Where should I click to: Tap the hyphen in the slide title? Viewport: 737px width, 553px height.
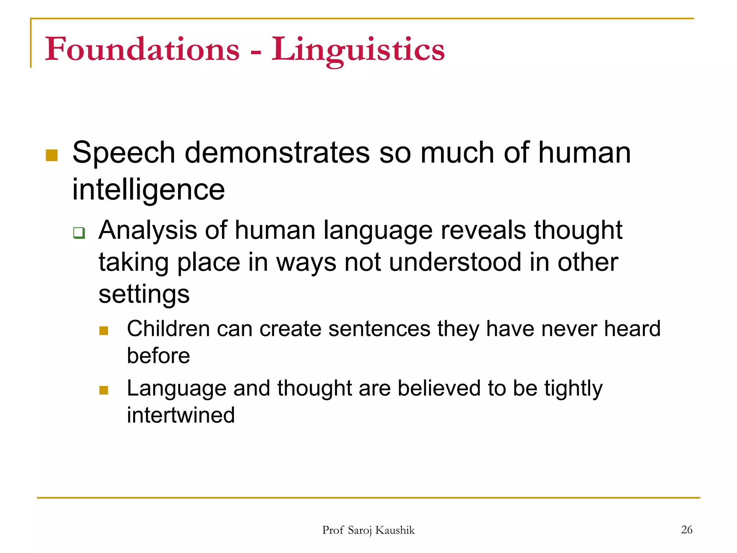(256, 53)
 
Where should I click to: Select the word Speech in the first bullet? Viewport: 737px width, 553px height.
(123, 153)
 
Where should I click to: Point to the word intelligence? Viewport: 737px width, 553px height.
(148, 190)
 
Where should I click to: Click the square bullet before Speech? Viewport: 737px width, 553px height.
(52, 155)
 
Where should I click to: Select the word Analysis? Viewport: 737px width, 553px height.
(148, 230)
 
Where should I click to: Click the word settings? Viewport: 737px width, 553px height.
(144, 295)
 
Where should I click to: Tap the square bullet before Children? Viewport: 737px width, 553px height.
(104, 331)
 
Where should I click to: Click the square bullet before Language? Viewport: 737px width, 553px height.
(104, 390)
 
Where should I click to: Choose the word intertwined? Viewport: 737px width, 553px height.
(181, 415)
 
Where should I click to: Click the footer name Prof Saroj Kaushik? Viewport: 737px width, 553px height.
(368, 530)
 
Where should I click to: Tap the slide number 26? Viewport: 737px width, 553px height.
(687, 530)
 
